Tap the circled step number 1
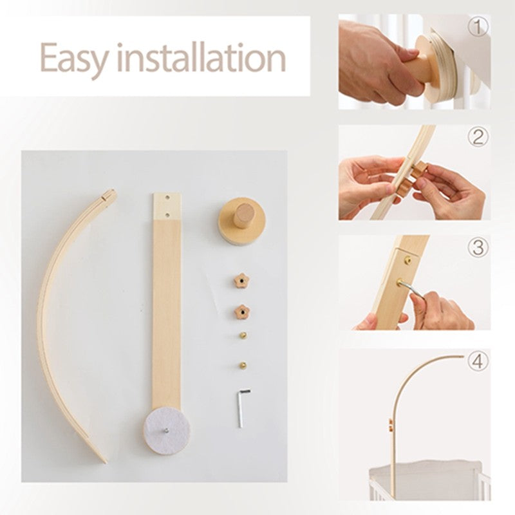click(477, 27)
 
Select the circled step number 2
click(477, 136)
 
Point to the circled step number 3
click(477, 247)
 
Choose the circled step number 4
click(477, 361)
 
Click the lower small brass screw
click(244, 364)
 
